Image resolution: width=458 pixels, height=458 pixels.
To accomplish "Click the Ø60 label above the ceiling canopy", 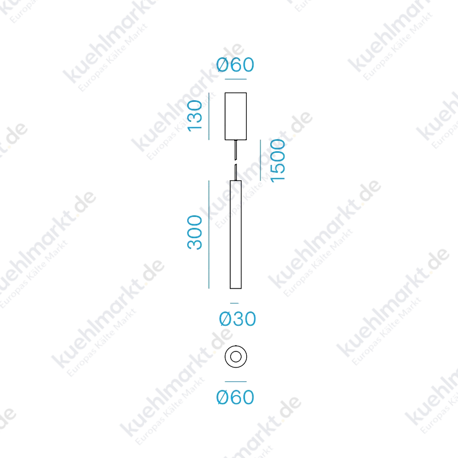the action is pos(235,65).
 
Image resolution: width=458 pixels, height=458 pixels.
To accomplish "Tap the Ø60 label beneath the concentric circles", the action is pos(235,397).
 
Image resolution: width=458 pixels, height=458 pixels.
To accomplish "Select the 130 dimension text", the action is pos(195,116).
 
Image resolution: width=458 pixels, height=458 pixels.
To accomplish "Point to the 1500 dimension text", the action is pos(278,161).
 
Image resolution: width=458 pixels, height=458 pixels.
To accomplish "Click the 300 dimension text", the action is pos(195,232).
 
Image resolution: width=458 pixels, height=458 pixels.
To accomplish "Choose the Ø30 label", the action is pos(238,319).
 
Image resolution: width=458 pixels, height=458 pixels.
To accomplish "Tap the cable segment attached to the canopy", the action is pos(235,150).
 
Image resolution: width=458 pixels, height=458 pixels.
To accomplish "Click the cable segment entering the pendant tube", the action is pos(235,172).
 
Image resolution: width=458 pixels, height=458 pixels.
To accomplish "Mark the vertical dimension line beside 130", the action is pos(209,116).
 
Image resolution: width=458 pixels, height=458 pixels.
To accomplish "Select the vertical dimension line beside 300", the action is pos(209,235).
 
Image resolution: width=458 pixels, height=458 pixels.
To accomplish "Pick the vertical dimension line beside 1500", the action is pos(260,160).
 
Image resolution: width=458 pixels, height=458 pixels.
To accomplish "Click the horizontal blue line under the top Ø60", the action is pos(236,79).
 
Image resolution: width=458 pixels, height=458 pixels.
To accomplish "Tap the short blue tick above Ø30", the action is pos(234,303).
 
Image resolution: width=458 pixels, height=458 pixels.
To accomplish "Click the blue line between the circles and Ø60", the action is pos(236,381).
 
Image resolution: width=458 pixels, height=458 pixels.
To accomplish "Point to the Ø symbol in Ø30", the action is pos(225,319).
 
